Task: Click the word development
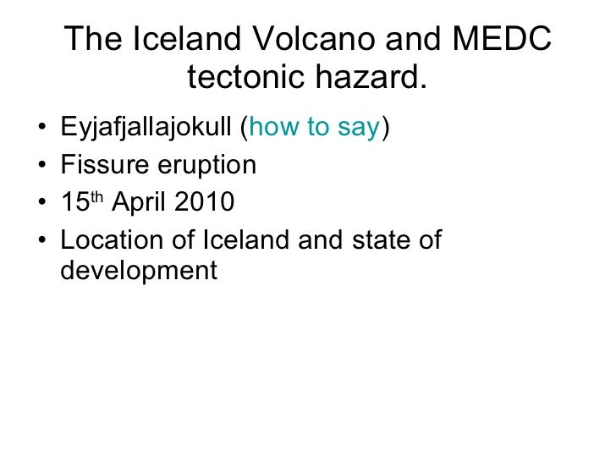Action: (139, 272)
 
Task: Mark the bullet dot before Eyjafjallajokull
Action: (42, 130)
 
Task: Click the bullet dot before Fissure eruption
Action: (42, 168)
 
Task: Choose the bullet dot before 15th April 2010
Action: (42, 205)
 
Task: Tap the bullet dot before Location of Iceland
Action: (42, 242)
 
